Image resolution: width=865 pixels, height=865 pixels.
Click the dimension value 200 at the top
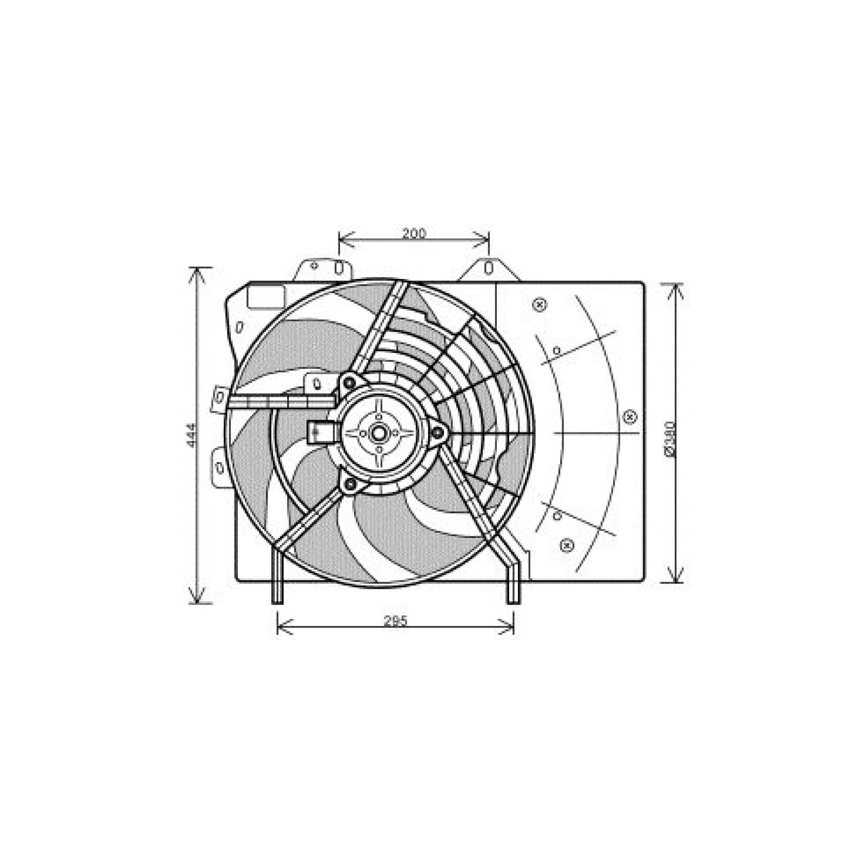coord(414,234)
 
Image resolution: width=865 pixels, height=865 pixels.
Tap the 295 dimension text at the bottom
coord(395,621)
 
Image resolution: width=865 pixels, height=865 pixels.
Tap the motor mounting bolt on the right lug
coord(437,431)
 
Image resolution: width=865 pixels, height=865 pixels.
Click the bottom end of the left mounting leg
coord(276,601)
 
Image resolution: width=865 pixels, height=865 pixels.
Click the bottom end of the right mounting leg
coord(513,601)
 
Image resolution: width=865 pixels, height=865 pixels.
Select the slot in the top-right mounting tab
coord(488,268)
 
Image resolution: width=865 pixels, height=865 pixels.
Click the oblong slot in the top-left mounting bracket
coord(339,267)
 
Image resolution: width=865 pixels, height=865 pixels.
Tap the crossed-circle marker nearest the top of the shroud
coord(538,305)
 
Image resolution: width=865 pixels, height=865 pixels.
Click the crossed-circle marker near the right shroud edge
coord(629,417)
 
